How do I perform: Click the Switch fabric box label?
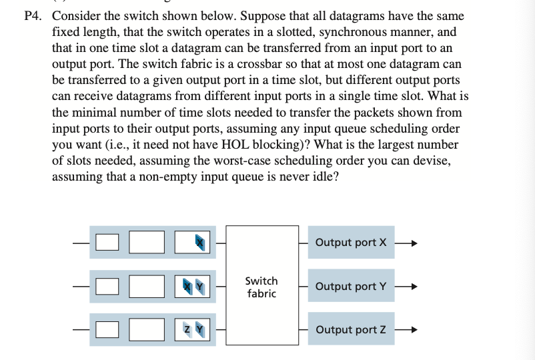261,287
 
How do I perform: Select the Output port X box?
350,242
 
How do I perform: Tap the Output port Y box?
350,287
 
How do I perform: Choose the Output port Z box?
350,330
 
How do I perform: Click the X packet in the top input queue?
199,242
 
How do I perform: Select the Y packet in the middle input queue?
199,287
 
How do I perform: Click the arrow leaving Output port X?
407,242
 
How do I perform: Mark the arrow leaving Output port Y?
407,287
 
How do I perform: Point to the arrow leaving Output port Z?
407,330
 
